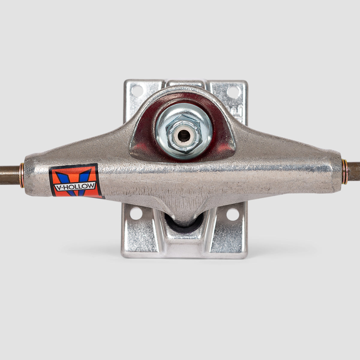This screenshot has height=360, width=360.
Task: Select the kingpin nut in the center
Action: pyautogui.click(x=184, y=133)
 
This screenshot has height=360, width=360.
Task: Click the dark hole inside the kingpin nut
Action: pyautogui.click(x=184, y=136)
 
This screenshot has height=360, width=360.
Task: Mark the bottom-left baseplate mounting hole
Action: pyautogui.click(x=136, y=214)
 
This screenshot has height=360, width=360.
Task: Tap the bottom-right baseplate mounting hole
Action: pyautogui.click(x=232, y=214)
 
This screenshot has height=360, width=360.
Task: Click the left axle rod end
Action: pyautogui.click(x=9, y=175)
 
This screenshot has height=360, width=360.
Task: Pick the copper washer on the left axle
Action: pyautogui.click(x=22, y=175)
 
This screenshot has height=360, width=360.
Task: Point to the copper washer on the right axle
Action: pyautogui.click(x=345, y=172)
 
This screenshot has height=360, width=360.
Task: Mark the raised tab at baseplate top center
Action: pyautogui.click(x=184, y=83)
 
